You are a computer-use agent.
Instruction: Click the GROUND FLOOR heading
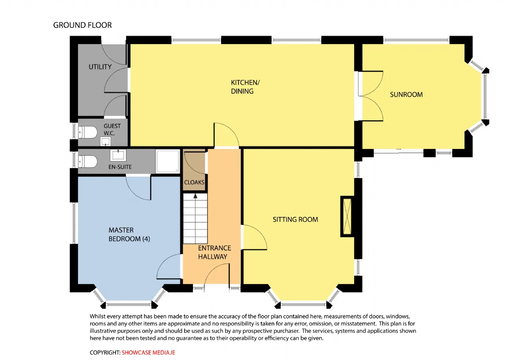tap(82, 25)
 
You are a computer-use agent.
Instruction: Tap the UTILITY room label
tap(100, 67)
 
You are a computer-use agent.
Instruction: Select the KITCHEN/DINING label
tap(245, 87)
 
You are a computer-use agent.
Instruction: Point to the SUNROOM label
tap(406, 94)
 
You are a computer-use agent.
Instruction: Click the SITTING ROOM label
tap(295, 219)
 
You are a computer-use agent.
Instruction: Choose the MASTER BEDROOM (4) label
tap(129, 235)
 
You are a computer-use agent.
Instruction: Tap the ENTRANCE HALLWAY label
tap(214, 252)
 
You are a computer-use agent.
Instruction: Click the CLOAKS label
tap(194, 182)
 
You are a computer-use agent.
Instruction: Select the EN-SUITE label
tap(120, 167)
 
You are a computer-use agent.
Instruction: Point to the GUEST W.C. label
tap(112, 129)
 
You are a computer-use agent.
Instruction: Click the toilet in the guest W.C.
tap(88, 132)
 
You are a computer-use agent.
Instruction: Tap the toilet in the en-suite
tap(88, 161)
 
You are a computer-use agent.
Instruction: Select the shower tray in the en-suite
tap(168, 161)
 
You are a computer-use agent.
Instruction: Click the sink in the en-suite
tap(118, 155)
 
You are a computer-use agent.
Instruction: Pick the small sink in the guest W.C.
tap(106, 141)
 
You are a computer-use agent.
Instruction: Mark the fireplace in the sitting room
tap(347, 216)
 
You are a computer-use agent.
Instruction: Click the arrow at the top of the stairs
tap(195, 196)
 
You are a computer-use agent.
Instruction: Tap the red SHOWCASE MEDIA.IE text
tap(149, 352)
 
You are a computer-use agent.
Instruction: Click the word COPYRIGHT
tap(105, 352)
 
